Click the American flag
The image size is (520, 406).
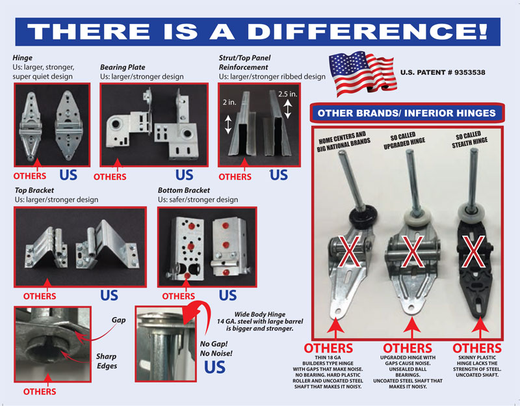tap(363, 73)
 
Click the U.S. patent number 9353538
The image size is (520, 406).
tap(443, 72)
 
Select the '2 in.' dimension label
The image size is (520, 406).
tap(229, 102)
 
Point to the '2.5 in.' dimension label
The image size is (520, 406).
tap(288, 94)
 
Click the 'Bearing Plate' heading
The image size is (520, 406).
tap(123, 68)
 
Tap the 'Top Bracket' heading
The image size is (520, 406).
tap(34, 190)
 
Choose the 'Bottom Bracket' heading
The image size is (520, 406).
tap(184, 190)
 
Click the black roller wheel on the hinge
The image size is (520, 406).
tap(363, 216)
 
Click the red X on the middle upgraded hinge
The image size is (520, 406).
tap(412, 251)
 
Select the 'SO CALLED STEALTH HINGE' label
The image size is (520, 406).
tap(469, 139)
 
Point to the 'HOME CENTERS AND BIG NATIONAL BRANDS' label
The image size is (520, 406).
tap(343, 142)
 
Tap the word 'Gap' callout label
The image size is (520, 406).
tap(118, 320)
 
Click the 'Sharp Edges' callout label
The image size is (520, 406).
tap(107, 361)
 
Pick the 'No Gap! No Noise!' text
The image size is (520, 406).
tap(216, 349)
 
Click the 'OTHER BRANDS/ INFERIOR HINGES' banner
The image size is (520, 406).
tap(407, 113)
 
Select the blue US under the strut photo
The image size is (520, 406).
tap(279, 175)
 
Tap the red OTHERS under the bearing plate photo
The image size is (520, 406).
tap(110, 176)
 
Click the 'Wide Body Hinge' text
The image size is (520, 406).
tap(259, 314)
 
